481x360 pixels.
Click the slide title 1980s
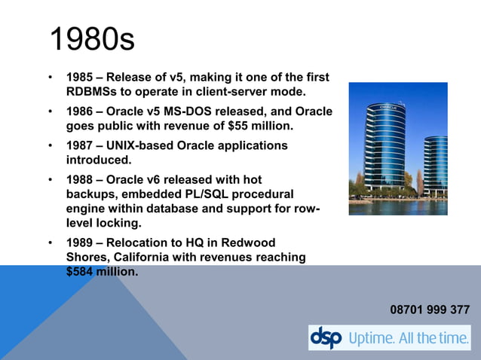[x=92, y=39]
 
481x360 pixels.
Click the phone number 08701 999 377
[x=430, y=310]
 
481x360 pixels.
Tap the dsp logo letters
[x=326, y=337]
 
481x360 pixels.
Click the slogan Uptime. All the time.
[x=408, y=338]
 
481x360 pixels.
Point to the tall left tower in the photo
[x=386, y=147]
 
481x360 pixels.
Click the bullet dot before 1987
[x=51, y=145]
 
